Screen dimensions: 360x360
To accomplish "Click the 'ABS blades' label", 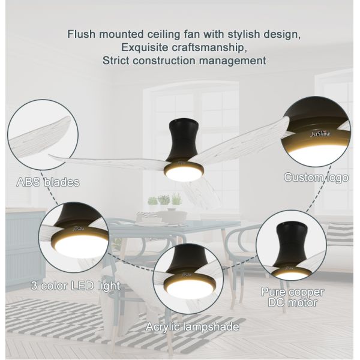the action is [48, 182].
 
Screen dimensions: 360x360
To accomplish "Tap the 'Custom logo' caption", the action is [316, 178].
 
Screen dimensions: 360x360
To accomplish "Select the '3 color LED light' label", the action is [76, 286].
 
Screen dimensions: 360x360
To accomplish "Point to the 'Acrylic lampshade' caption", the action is [193, 327].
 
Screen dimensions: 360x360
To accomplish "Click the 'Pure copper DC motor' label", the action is [293, 297].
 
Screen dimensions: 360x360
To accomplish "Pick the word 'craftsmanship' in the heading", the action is [209, 47].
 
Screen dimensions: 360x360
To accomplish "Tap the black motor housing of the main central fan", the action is [184, 140].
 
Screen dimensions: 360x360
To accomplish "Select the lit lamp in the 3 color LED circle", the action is [80, 245].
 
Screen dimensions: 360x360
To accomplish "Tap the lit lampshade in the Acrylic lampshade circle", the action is [190, 287].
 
